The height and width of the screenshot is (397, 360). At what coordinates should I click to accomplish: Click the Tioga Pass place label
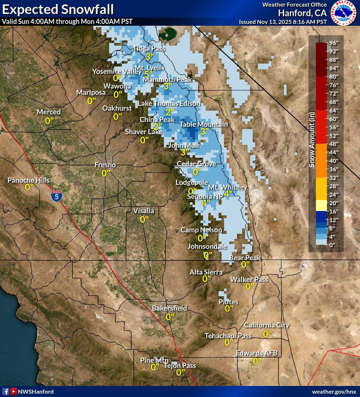149,48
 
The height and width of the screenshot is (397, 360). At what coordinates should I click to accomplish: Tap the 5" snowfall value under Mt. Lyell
148,75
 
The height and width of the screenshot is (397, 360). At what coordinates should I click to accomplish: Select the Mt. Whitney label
228,187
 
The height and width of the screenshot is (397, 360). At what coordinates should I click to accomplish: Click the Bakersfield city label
170,308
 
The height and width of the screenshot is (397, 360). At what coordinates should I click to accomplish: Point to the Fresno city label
105,165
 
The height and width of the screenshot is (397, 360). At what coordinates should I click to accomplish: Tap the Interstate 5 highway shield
56,196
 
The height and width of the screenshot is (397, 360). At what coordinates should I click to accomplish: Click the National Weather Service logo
344,13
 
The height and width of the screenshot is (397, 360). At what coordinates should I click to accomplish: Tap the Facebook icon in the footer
6,391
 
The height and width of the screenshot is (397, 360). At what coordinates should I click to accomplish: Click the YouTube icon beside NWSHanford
14,391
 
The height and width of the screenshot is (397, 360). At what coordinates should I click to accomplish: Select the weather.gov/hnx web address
334,391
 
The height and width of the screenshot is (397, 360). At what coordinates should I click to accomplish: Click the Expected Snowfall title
58,9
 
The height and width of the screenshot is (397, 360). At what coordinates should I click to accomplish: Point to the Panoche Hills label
29,180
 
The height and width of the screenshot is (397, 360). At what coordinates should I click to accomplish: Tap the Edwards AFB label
256,353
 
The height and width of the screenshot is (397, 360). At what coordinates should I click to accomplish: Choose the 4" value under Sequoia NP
206,203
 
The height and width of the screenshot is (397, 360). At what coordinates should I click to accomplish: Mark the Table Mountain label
204,125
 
